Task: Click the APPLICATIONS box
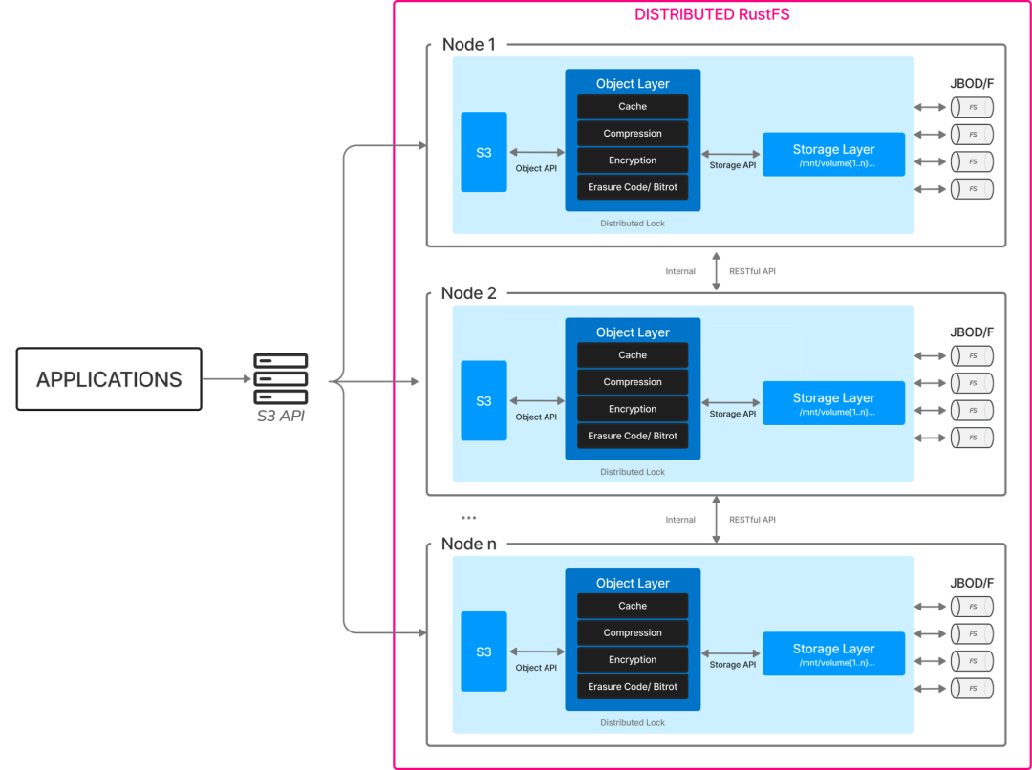109,379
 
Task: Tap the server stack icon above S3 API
280,379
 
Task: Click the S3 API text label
280,416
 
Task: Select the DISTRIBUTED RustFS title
712,14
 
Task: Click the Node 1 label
469,44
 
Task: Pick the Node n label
468,544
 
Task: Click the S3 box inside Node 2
484,400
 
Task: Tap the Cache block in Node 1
633,106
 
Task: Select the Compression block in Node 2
633,382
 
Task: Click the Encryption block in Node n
633,659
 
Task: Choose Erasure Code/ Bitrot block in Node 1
633,187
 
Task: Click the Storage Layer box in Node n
833,653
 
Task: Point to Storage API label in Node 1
733,165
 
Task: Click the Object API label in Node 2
536,417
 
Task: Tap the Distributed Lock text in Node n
633,722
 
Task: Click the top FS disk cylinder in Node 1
972,107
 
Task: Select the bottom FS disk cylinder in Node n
972,688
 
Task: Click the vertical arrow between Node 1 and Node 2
717,271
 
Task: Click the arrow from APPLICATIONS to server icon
226,379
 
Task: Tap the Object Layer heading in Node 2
633,332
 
